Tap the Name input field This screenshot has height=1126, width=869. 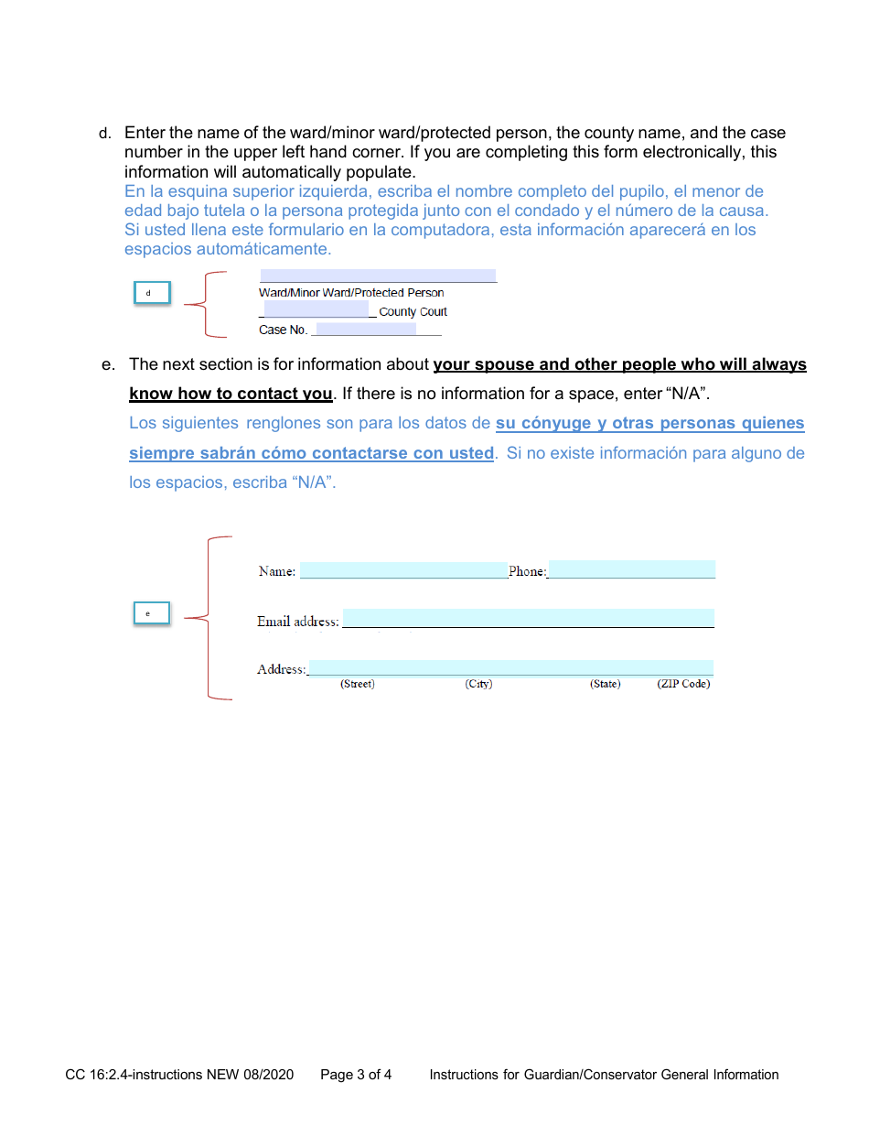[403, 570]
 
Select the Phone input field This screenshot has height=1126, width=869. [631, 569]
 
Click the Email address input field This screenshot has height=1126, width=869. [528, 618]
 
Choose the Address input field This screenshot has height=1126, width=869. [510, 667]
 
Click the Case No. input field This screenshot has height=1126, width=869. [365, 329]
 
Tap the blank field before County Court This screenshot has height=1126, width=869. [316, 309]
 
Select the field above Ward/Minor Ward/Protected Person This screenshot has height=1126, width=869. [378, 276]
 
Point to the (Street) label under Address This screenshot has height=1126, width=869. [358, 684]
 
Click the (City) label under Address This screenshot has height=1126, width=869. [478, 684]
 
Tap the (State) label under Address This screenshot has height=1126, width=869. [605, 684]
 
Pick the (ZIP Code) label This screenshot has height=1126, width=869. [683, 684]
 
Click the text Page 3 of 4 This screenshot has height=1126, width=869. [356, 1075]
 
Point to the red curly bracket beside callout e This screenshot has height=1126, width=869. [209, 619]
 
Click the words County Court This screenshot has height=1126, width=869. [413, 312]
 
